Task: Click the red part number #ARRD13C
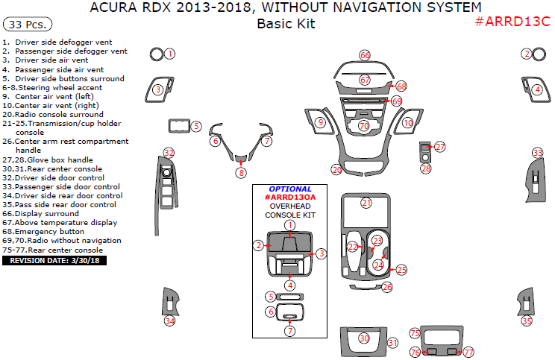tap(512, 21)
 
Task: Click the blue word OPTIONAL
tap(290, 189)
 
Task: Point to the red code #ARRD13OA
tap(290, 198)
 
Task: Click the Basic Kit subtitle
tap(286, 24)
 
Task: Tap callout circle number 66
tap(365, 55)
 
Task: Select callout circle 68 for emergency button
tap(401, 86)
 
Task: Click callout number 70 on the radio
tap(364, 126)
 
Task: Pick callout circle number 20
tap(337, 171)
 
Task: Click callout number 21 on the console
tap(366, 203)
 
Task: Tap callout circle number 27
tap(440, 147)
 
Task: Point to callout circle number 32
tap(169, 153)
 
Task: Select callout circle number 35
tap(527, 321)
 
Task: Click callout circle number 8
tap(241, 173)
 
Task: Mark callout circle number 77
tap(468, 352)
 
